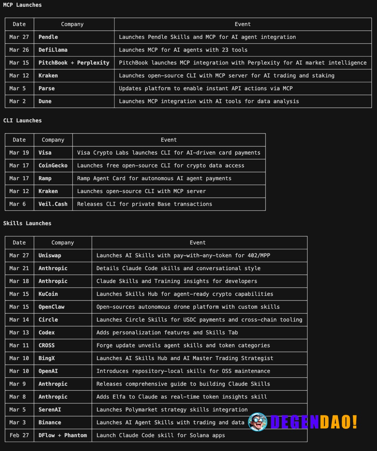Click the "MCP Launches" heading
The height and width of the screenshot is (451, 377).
22,5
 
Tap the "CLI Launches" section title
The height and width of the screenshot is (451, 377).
22,121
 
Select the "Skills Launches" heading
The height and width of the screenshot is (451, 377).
27,223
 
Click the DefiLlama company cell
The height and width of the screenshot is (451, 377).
53,50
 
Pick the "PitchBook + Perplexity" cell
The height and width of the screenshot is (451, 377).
74,63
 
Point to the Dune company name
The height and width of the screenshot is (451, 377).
45,101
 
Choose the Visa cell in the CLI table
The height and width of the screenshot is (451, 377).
45,153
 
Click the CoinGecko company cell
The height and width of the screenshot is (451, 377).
53,166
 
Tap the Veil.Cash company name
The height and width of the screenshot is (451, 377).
53,204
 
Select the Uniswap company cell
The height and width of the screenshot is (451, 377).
50,255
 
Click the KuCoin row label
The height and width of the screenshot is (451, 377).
48,294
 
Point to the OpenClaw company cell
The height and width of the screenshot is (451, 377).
52,307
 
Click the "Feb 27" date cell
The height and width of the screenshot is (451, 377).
19,435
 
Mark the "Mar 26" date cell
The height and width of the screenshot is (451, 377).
19,50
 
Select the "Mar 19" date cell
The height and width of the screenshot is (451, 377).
19,153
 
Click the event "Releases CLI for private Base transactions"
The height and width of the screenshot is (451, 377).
144,204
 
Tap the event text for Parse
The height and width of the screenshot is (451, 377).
205,88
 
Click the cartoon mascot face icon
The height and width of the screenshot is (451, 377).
257,422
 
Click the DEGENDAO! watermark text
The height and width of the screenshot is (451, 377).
314,422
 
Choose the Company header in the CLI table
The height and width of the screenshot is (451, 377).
53,140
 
